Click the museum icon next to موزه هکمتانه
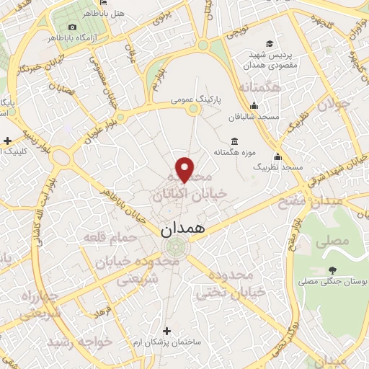click(x=234, y=141)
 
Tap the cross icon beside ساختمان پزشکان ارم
click(x=167, y=331)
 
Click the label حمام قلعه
click(x=106, y=236)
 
